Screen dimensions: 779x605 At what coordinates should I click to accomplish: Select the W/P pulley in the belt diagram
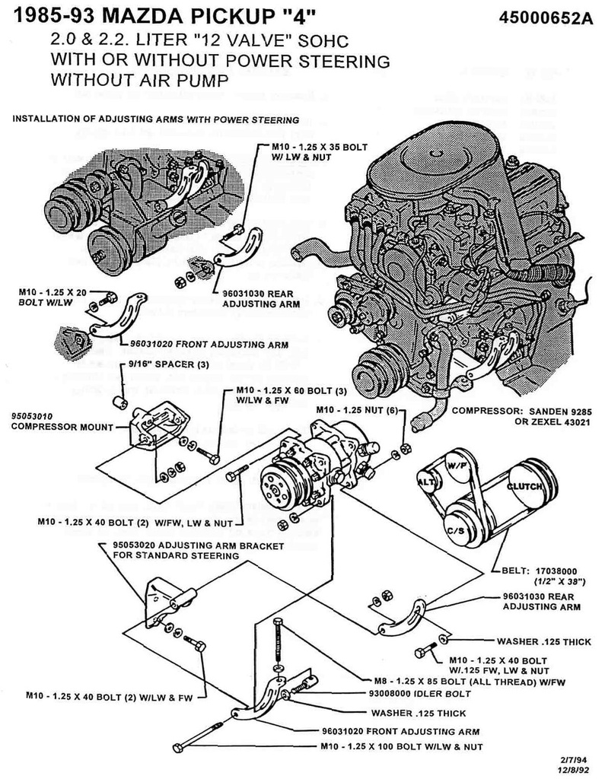pos(457,463)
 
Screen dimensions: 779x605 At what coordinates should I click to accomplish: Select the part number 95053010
pos(33,416)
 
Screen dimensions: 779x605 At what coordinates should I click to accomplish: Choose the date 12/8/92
pos(573,768)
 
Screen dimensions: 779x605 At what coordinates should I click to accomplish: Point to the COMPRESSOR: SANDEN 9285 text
pos(520,412)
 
